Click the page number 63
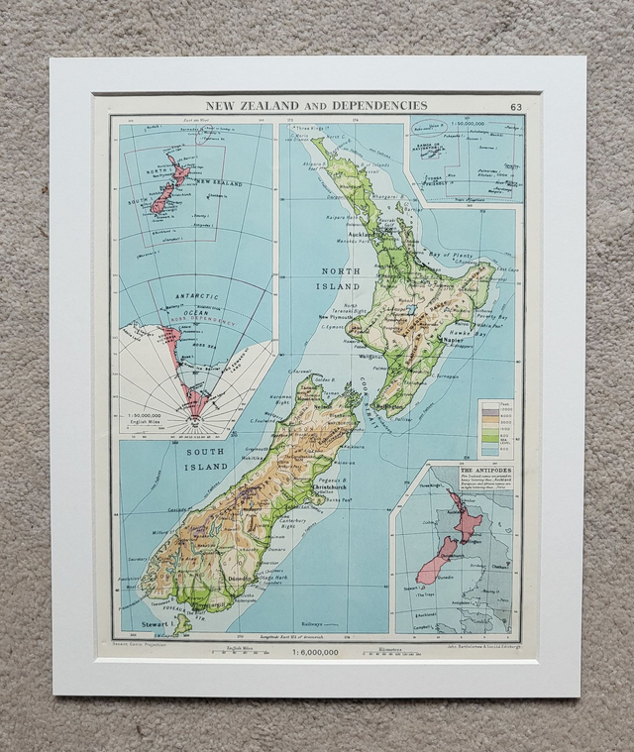(516, 107)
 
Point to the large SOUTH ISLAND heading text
(205, 459)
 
